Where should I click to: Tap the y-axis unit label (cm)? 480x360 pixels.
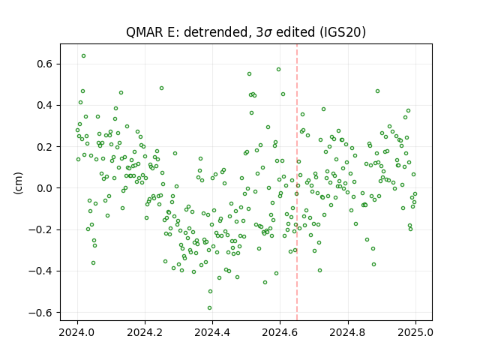(18, 183)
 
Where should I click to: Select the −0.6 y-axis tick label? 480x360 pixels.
(40, 313)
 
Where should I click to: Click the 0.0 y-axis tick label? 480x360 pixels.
(45, 188)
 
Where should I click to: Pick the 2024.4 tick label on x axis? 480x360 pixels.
(212, 332)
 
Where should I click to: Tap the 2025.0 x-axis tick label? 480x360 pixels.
(415, 332)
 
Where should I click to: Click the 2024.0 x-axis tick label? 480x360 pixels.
(77, 332)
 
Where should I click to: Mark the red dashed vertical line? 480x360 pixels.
(297, 182)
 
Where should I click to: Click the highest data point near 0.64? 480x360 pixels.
(83, 56)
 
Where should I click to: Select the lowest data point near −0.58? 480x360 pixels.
(209, 308)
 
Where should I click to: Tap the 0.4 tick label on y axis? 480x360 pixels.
(45, 105)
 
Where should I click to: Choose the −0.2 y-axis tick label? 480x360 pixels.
(40, 229)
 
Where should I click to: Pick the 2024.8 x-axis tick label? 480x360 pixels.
(348, 332)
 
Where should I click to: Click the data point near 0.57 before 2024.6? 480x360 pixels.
(278, 70)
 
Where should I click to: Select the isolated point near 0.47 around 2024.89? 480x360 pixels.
(378, 91)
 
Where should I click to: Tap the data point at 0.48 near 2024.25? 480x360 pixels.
(162, 88)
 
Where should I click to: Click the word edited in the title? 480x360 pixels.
(295, 31)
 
